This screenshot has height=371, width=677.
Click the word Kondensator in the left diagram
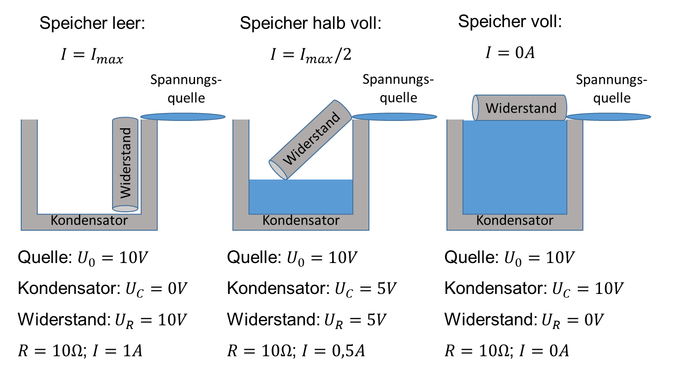click(89, 221)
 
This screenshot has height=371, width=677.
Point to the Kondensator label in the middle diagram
click(301, 221)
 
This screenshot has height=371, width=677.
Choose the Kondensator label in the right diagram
click(515, 221)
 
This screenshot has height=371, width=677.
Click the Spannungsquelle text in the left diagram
click(186, 89)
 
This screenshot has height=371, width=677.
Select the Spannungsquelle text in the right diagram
click(612, 89)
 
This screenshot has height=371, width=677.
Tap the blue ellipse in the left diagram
click(183, 117)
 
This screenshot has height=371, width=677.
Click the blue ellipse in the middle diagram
click(395, 117)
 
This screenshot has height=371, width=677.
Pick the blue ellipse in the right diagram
click(609, 117)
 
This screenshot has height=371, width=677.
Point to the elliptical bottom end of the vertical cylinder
click(125, 208)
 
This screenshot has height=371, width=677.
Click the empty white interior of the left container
click(74, 166)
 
